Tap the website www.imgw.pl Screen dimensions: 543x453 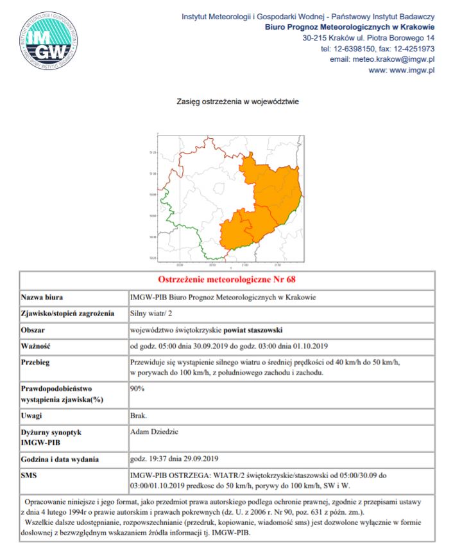(x=402, y=70)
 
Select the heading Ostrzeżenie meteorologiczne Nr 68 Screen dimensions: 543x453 (x=226, y=280)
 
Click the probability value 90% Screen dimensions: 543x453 (x=137, y=389)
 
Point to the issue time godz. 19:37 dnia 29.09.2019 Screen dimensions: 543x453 (x=175, y=459)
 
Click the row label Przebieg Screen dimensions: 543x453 (x=37, y=362)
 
